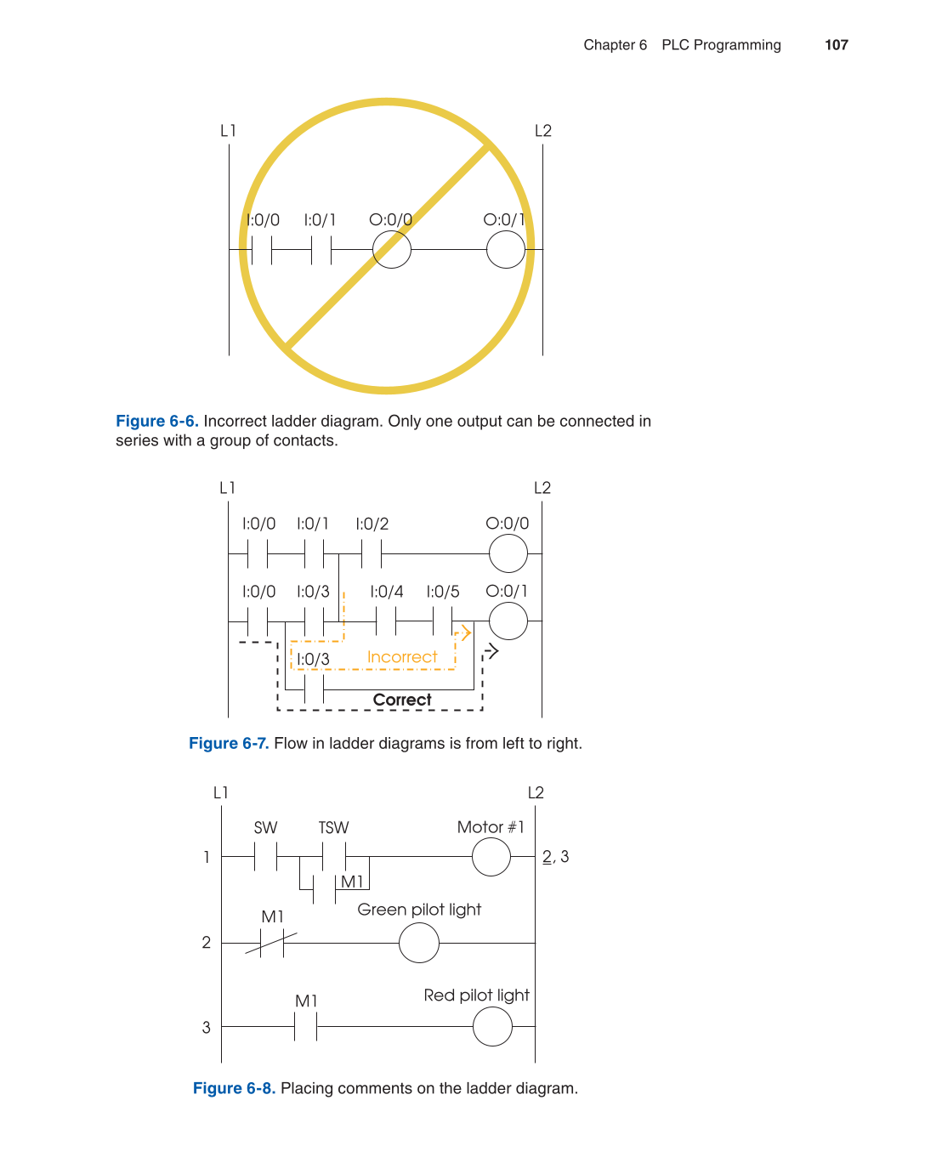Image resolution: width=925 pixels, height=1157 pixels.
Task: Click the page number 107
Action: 836,45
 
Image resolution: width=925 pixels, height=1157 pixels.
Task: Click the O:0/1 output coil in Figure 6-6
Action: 506,250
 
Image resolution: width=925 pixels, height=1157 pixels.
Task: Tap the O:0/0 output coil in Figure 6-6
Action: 392,250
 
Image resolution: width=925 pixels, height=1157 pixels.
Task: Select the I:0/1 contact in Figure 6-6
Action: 321,250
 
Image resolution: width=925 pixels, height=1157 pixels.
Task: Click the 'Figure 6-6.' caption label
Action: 157,422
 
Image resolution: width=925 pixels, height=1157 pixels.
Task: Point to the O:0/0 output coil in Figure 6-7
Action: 508,554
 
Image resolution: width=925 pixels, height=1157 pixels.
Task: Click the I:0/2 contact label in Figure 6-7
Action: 372,525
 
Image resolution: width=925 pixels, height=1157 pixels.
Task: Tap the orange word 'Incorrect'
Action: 402,657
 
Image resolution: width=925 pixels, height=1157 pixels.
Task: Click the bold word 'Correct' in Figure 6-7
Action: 402,700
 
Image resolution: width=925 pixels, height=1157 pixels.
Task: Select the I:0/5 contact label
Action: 443,592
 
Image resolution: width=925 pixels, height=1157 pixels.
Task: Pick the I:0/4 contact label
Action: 387,592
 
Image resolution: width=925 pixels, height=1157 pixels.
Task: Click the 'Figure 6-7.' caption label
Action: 229,744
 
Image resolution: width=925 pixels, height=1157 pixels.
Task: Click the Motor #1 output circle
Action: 491,857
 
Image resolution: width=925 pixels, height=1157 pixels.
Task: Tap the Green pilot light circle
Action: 419,943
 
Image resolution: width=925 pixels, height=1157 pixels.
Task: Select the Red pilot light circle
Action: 492,1027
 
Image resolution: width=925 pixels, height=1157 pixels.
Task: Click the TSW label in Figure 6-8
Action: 333,828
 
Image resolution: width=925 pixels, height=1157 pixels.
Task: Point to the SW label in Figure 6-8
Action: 265,828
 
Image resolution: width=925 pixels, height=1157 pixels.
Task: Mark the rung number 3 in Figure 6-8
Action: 207,1028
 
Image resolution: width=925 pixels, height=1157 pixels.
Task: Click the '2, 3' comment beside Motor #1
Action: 556,857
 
